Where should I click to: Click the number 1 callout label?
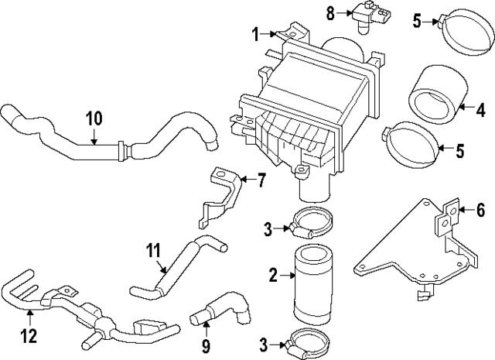pos(255,33)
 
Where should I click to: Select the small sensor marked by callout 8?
pos(360,15)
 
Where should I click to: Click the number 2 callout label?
pos(273,274)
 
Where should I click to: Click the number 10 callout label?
pos(94,119)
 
